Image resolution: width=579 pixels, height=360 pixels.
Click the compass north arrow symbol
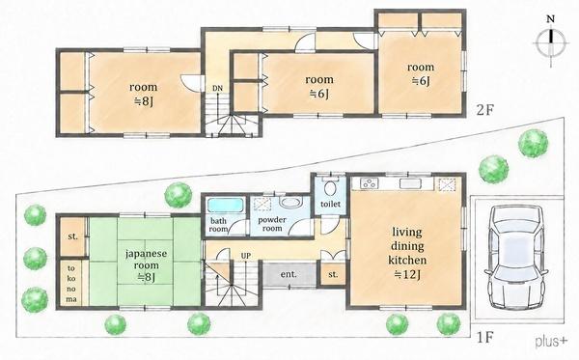[x=551, y=42]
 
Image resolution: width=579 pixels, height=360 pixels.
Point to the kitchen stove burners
[x=369, y=183]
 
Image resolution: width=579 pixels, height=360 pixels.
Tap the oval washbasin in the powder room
[x=290, y=202]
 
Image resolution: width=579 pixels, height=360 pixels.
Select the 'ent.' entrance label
[x=289, y=274]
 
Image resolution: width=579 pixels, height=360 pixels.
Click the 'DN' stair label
[x=217, y=88]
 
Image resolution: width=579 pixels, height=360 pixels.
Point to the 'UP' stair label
[x=246, y=256]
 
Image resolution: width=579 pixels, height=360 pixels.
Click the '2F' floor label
[x=485, y=110]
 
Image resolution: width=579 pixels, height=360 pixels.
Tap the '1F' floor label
[x=485, y=338]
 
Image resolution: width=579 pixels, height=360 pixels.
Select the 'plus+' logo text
[x=551, y=341]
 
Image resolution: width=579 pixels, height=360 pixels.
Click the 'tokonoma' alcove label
[x=71, y=284]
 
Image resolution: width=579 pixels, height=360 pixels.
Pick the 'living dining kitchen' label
[x=407, y=246]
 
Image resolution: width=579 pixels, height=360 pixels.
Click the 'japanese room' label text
[x=146, y=260]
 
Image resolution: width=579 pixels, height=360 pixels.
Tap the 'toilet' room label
[x=330, y=204]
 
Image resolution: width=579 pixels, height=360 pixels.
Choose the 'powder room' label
[x=272, y=224]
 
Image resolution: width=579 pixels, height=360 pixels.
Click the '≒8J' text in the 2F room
[x=143, y=100]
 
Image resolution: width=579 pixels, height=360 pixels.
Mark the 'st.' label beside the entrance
[x=333, y=274]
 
